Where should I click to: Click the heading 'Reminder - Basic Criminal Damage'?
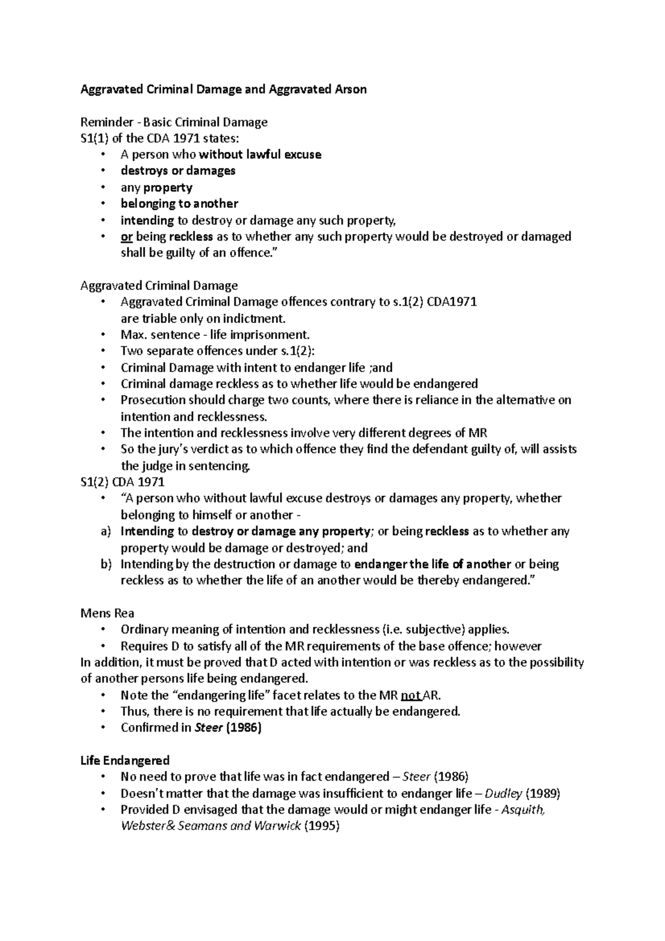tap(173, 122)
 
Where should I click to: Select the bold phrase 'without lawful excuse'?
tap(260, 155)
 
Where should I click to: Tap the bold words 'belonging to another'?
tap(180, 203)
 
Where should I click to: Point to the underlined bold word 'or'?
tap(126, 237)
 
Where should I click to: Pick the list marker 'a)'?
tap(106, 531)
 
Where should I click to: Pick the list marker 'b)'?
tap(106, 564)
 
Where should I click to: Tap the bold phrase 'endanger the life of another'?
tap(432, 564)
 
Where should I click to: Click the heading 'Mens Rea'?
tap(108, 613)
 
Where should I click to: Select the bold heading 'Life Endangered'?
tap(125, 760)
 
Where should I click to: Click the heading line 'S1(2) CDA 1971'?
tap(122, 482)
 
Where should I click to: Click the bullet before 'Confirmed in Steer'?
tap(103, 728)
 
